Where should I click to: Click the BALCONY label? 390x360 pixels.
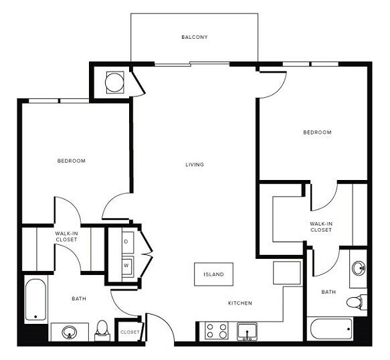194,37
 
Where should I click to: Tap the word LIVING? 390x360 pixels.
195,165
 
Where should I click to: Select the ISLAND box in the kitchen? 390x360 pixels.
214,274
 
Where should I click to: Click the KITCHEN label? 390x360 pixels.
239,303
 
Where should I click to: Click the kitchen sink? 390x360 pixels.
247,331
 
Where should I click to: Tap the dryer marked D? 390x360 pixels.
126,241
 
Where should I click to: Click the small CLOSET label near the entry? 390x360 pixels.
130,331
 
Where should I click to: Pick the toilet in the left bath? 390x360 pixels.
102,328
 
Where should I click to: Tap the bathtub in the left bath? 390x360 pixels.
35,300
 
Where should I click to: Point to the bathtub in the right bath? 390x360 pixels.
330,329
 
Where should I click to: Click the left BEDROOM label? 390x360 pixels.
71,161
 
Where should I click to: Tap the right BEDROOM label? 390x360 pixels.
317,132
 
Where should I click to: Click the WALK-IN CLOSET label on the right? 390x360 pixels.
321,227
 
